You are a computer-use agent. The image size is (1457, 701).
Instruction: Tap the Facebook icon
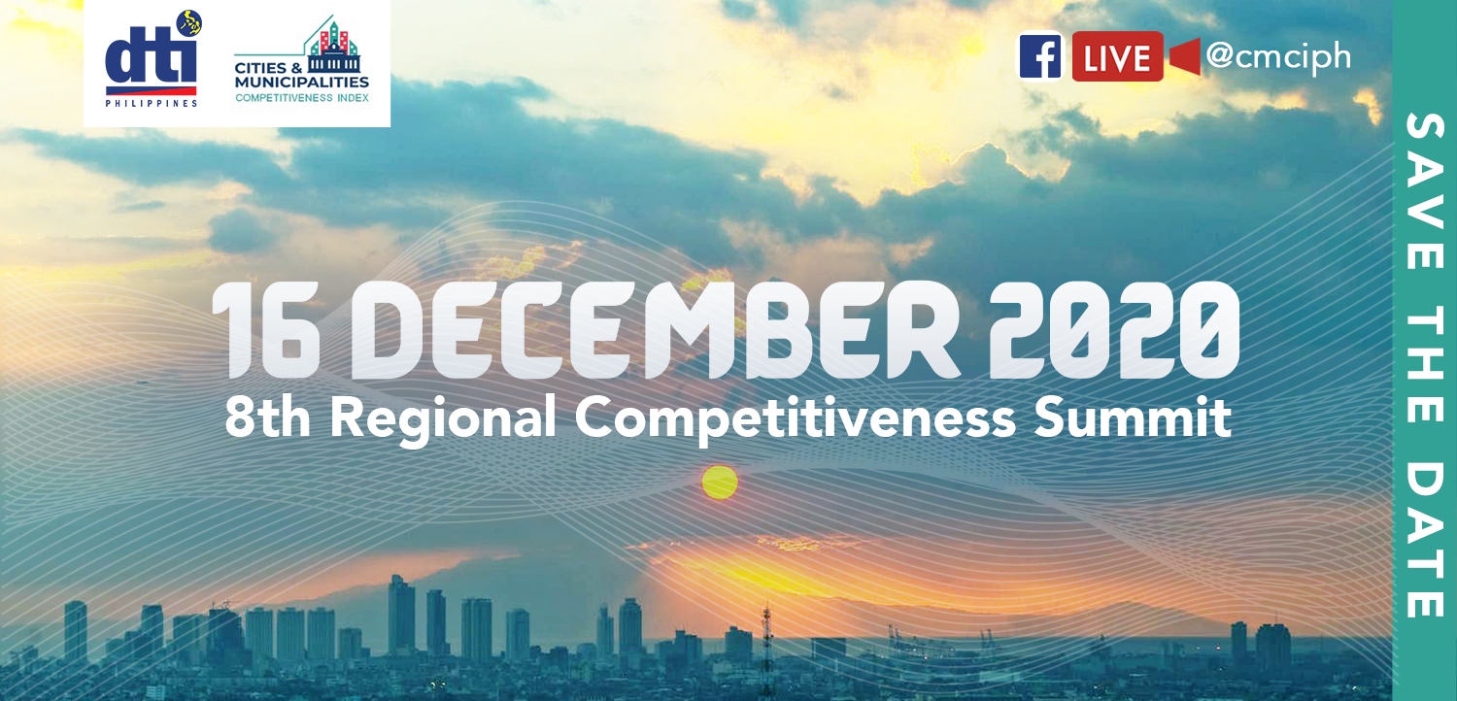pyautogui.click(x=1040, y=57)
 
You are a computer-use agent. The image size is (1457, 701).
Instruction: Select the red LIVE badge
pyautogui.click(x=1117, y=57)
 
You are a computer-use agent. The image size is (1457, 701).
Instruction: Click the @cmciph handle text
pyautogui.click(x=1278, y=56)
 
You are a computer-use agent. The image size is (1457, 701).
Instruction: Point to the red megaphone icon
pyautogui.click(x=1185, y=57)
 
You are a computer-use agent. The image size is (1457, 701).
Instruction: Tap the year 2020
pyautogui.click(x=1115, y=331)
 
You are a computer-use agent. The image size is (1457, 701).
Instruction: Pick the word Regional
pyautogui.click(x=443, y=419)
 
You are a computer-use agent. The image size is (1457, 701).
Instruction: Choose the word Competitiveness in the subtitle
pyautogui.click(x=796, y=418)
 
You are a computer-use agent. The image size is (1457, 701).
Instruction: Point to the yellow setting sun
pyautogui.click(x=720, y=483)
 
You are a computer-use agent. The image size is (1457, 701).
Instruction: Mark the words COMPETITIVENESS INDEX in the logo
pyautogui.click(x=302, y=97)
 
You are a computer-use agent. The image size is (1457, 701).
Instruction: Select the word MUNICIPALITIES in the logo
pyautogui.click(x=302, y=83)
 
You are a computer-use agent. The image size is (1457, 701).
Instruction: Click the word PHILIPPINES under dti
pyautogui.click(x=152, y=102)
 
